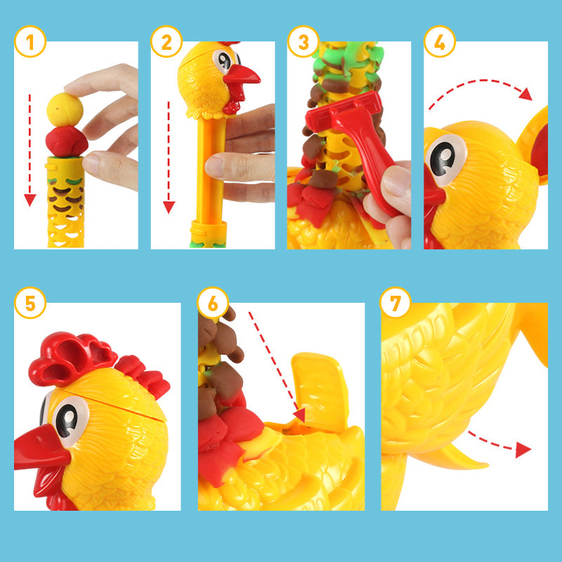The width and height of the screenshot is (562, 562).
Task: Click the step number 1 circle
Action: pyautogui.click(x=30, y=41)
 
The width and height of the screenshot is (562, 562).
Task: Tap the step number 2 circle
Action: pyautogui.click(x=166, y=41)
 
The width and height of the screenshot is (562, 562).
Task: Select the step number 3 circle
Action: pyautogui.click(x=303, y=41)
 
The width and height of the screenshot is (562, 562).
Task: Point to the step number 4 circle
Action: pyautogui.click(x=440, y=41)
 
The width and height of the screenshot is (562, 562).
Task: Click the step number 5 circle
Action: pyautogui.click(x=30, y=303)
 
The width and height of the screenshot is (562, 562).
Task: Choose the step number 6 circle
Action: pyautogui.click(x=213, y=303)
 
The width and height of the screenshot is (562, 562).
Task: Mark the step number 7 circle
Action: pyautogui.click(x=396, y=303)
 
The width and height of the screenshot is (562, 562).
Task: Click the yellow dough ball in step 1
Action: pyautogui.click(x=65, y=110)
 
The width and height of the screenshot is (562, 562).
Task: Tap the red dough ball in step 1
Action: pyautogui.click(x=67, y=142)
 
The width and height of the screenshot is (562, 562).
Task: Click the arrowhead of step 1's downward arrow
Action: pyautogui.click(x=30, y=200)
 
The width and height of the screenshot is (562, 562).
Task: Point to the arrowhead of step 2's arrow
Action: pyautogui.click(x=169, y=207)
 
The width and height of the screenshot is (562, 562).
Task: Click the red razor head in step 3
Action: pyautogui.click(x=344, y=112)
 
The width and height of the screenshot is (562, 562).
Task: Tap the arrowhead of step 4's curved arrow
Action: pyautogui.click(x=525, y=94)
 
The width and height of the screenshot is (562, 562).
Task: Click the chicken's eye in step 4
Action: pyautogui.click(x=445, y=160)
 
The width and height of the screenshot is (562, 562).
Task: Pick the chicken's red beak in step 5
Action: pyautogui.click(x=41, y=448)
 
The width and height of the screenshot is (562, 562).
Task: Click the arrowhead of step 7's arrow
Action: pyautogui.click(x=523, y=450)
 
